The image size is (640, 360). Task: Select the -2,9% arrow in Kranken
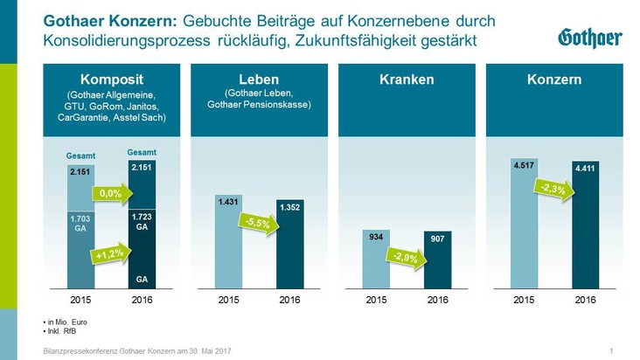click(400, 257)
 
